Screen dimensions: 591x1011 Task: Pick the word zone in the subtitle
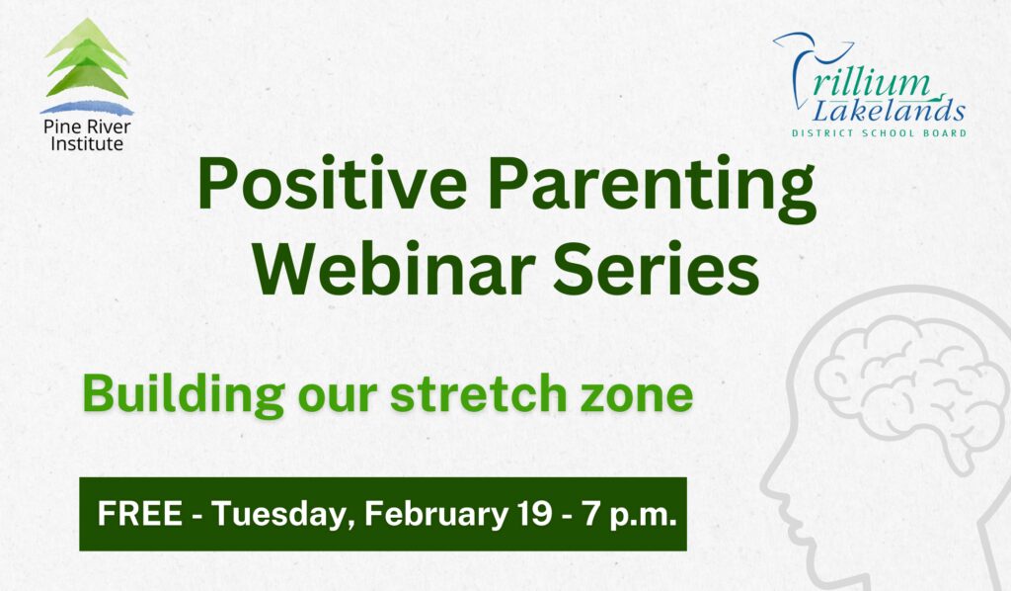pos(642,394)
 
